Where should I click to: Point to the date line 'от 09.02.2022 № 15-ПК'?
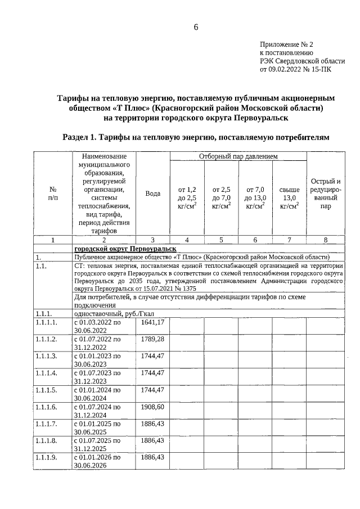(299, 71)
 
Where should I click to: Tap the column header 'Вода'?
(153, 193)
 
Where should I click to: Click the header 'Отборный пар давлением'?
(238, 156)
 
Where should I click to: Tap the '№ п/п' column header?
(53, 193)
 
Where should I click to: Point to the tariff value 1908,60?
(153, 406)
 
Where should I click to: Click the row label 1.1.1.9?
(46, 457)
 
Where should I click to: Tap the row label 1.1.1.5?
(46, 390)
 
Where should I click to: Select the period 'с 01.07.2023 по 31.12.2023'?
(97, 376)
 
